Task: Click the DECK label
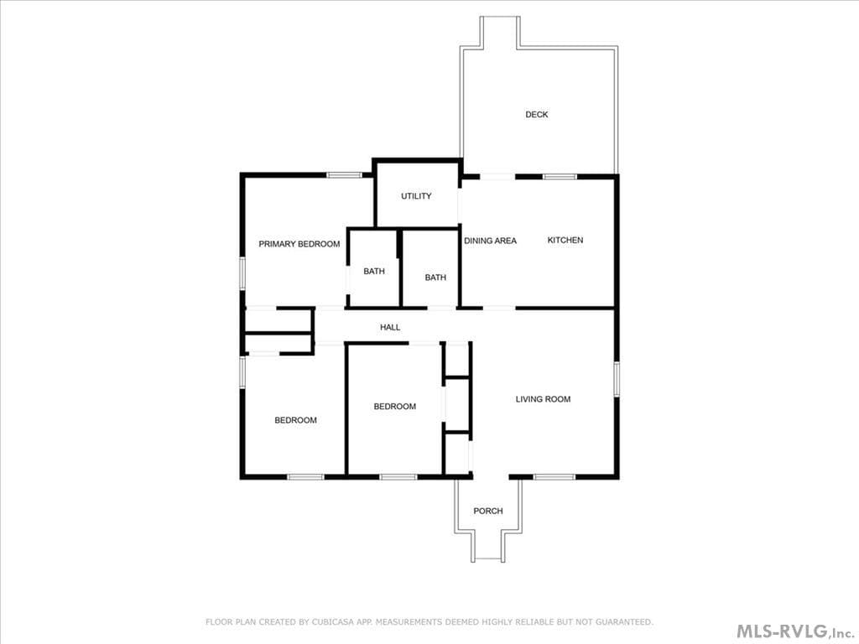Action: [x=536, y=114]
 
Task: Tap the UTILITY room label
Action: [x=416, y=196]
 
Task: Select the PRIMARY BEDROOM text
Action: [x=299, y=244]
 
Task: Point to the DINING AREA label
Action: [x=490, y=241]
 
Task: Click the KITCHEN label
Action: [x=565, y=240]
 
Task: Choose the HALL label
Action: [x=390, y=327]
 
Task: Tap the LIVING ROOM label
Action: [x=543, y=399]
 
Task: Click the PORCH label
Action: [x=488, y=511]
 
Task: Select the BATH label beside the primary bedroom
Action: [x=374, y=271]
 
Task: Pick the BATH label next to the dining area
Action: [x=435, y=278]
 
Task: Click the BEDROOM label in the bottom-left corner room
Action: [x=296, y=420]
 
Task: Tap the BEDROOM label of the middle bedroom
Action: [x=395, y=407]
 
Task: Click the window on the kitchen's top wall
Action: [x=560, y=177]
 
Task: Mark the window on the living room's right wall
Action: [x=617, y=378]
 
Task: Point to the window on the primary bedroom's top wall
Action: [x=345, y=175]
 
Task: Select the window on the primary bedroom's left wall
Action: [x=242, y=274]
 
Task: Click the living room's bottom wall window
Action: [x=554, y=477]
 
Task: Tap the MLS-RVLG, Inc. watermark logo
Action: [x=795, y=631]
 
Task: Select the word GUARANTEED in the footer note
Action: [x=624, y=622]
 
